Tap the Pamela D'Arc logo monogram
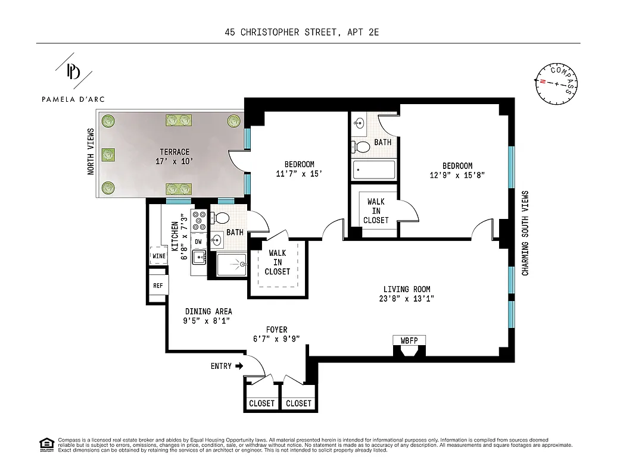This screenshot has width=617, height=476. point(73,71)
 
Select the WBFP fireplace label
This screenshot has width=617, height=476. point(409,340)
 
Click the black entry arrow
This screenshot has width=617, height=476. point(239,366)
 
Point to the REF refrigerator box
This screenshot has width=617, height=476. point(158,286)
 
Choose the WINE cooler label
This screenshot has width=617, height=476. point(158,256)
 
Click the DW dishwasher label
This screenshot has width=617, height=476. point(198,242)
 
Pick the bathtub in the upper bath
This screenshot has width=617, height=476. point(373,170)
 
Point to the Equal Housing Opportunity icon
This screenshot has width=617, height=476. point(46,444)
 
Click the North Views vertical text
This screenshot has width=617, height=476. point(91,152)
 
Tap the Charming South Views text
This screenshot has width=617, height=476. point(525,233)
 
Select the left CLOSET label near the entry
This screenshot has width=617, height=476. point(262,403)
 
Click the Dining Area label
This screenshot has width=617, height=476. point(208,311)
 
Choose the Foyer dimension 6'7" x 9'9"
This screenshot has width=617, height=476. point(276,339)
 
